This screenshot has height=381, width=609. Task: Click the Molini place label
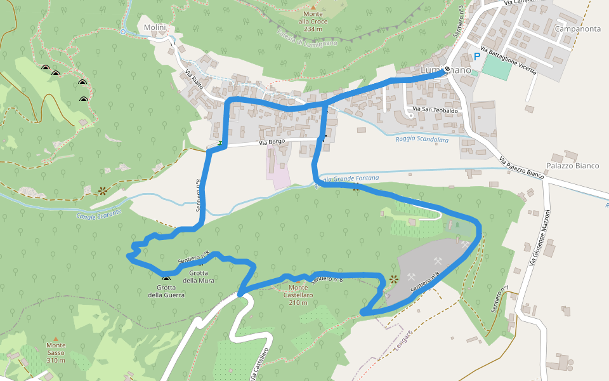tap(155, 28)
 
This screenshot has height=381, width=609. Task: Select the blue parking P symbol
tap(476, 57)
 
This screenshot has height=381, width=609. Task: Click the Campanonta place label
tap(577, 29)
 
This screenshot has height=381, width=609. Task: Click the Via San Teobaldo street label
tap(435, 110)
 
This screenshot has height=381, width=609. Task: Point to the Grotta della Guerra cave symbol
tap(166, 278)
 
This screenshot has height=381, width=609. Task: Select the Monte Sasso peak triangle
tap(55, 338)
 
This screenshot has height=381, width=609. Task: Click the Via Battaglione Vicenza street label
tap(508, 60)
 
